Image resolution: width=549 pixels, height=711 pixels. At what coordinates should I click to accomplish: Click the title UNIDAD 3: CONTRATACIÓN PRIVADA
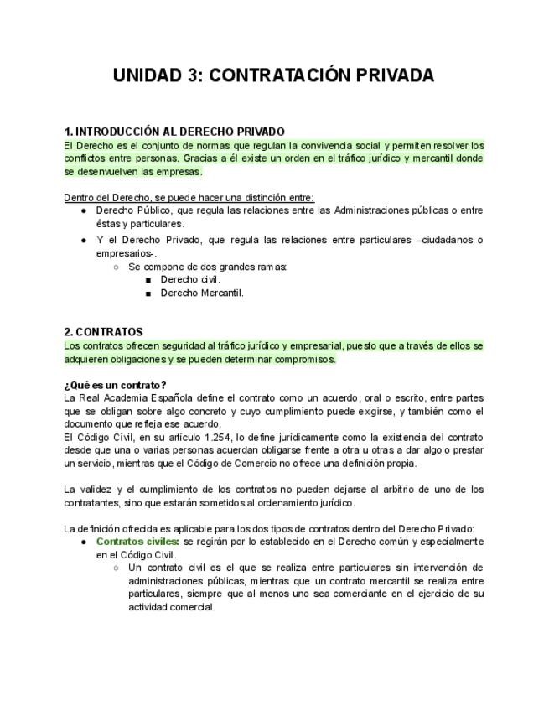(x=274, y=76)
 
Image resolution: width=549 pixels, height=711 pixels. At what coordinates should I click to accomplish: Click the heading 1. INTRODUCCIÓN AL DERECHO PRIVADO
(x=174, y=132)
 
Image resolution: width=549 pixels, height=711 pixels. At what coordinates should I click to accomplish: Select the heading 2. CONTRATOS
(x=103, y=332)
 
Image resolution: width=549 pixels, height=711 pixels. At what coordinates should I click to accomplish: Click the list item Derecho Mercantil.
(x=202, y=293)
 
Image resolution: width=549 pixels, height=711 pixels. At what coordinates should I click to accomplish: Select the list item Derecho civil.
(x=190, y=280)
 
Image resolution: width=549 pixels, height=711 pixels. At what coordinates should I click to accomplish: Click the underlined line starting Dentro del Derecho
(x=189, y=198)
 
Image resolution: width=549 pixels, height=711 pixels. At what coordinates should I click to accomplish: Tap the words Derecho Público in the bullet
(x=132, y=210)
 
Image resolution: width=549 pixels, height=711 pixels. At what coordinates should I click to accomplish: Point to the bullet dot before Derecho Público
(x=84, y=210)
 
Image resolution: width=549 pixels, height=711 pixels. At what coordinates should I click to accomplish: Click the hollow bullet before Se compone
(x=116, y=267)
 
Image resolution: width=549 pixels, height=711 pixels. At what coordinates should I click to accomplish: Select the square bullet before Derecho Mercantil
(x=148, y=293)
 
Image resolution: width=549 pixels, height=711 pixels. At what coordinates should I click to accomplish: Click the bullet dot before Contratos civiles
(x=84, y=542)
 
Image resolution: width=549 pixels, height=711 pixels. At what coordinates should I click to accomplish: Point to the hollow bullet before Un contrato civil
(x=116, y=568)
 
